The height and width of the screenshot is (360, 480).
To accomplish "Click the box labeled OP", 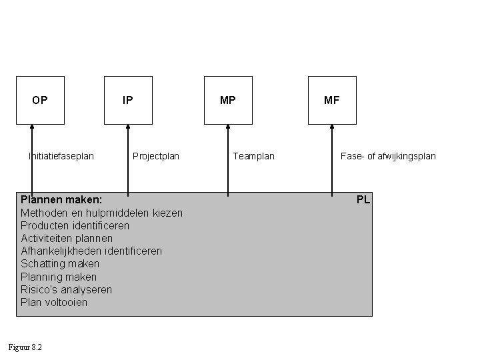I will [40, 101].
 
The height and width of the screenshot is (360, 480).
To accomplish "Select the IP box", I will [128, 101].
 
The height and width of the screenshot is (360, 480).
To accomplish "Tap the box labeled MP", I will [228, 101].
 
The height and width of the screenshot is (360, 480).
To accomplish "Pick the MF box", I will [331, 101].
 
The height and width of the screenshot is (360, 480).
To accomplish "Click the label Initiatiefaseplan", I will [61, 157].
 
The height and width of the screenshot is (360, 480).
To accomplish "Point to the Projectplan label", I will [156, 157].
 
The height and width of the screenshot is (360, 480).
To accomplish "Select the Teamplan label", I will [253, 157].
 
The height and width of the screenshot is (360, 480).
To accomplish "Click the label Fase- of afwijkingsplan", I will [388, 157].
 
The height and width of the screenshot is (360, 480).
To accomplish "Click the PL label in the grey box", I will [363, 199].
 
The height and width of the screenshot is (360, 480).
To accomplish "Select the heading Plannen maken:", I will [61, 199].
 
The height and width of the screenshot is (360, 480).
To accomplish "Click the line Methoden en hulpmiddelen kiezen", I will [101, 213].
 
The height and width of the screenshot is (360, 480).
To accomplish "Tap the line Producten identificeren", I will [75, 225].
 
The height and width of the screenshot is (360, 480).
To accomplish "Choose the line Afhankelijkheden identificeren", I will [91, 251].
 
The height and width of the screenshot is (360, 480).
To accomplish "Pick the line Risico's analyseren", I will [66, 289].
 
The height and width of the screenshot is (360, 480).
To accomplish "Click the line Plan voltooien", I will [54, 302].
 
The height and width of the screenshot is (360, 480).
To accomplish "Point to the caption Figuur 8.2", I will [25, 347].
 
